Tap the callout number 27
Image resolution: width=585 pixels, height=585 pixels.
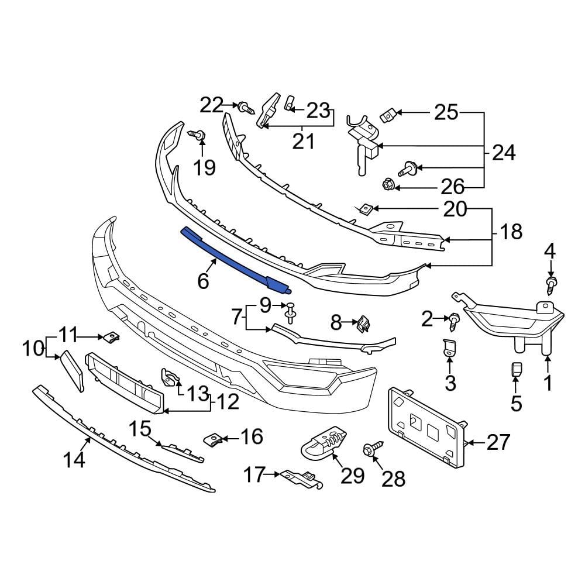498,442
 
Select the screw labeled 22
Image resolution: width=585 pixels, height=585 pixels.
245,108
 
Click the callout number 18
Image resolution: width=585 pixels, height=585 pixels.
511,232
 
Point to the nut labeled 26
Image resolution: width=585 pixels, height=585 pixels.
388,185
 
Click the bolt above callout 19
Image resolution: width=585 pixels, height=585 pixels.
198,136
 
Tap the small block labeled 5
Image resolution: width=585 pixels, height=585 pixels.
515,370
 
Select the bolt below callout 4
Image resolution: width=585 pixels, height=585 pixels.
550,285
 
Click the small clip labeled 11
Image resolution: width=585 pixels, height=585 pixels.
110,338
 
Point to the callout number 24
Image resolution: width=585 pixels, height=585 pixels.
504,153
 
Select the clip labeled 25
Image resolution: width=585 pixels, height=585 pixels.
387,116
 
